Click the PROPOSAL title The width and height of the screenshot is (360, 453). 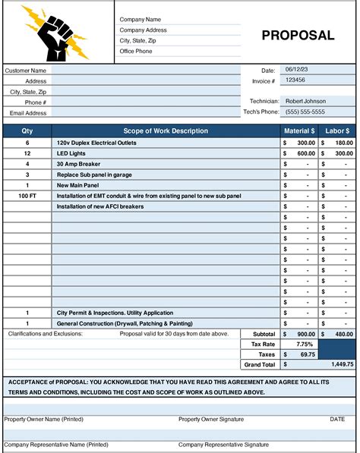[x=298, y=35]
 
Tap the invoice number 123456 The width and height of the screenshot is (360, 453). [x=295, y=80]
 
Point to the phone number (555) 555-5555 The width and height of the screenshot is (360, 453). [x=305, y=112]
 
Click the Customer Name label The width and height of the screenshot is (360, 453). [x=27, y=71]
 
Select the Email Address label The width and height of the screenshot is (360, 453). [x=28, y=113]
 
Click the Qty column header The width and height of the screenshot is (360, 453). [x=27, y=131]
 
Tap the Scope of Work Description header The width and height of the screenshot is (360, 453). [x=165, y=131]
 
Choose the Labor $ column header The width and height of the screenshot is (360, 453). [x=336, y=131]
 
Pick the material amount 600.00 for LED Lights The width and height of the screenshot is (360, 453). [x=305, y=153]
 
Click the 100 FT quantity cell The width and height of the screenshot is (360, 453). [x=27, y=195]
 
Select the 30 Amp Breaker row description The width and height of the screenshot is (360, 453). [x=78, y=163]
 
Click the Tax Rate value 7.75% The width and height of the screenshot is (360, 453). [x=299, y=344]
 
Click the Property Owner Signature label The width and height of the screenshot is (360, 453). [x=211, y=419]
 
